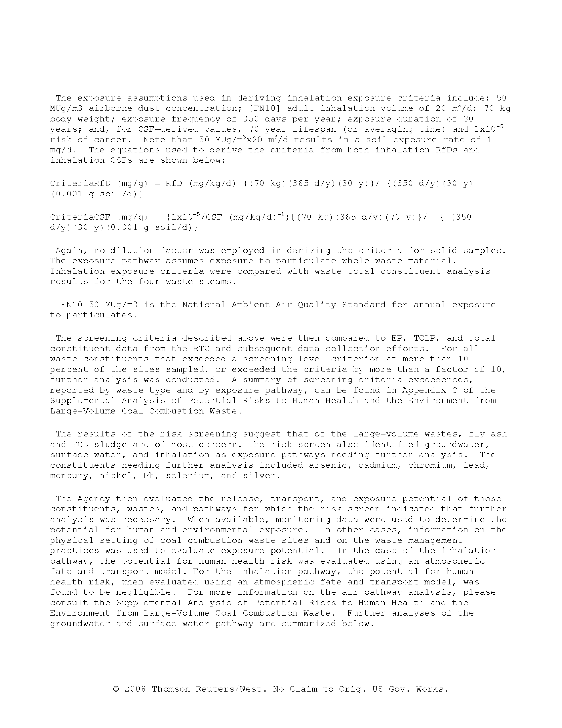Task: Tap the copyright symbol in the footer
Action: (116, 689)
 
